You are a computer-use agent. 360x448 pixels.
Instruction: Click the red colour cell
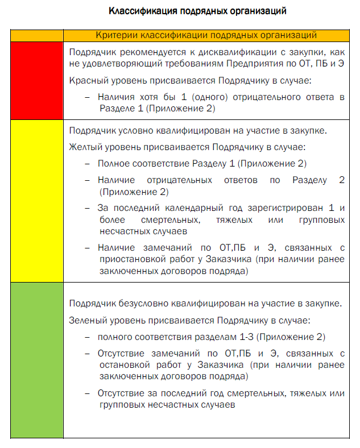(37, 80)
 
